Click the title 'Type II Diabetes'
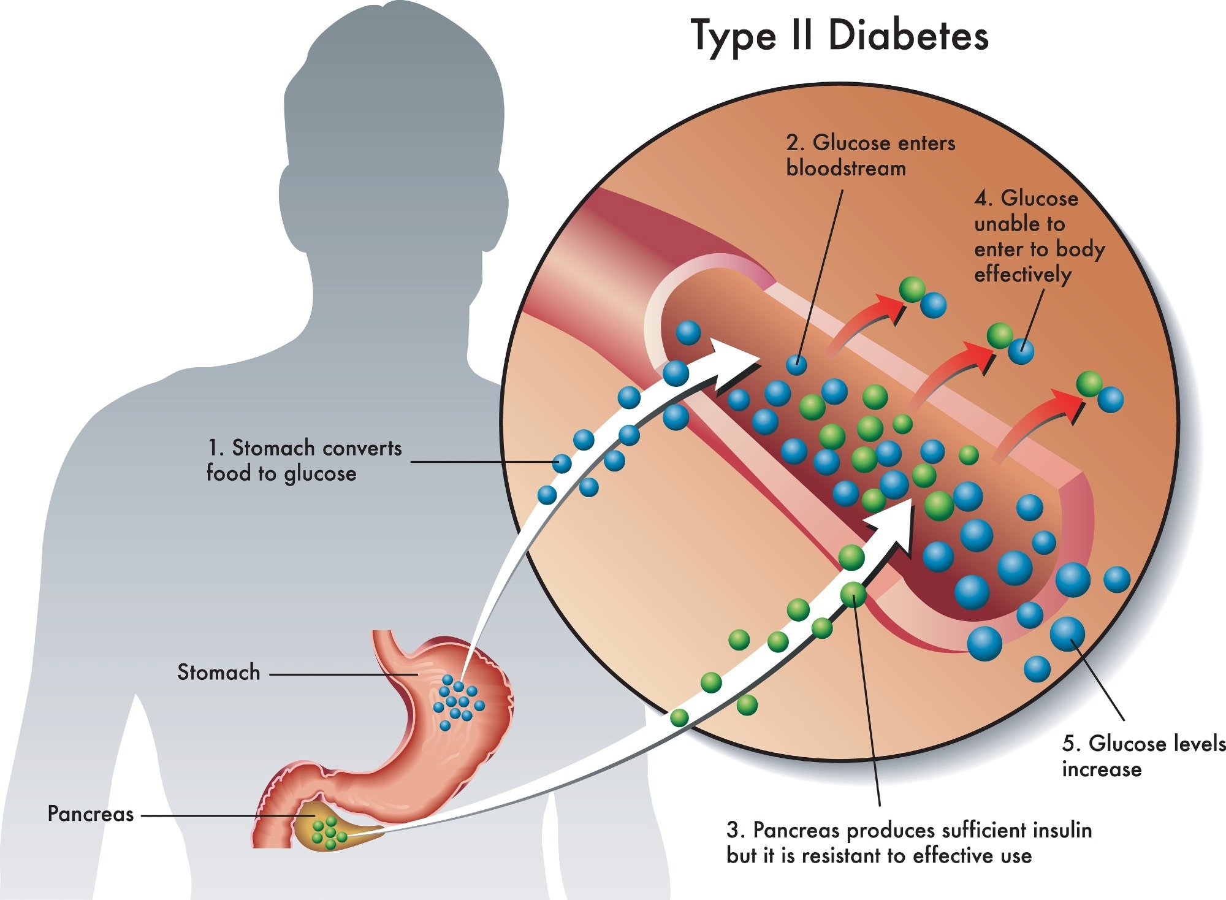pyautogui.click(x=839, y=36)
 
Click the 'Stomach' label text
pyautogui.click(x=218, y=673)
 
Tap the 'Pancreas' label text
pyautogui.click(x=91, y=814)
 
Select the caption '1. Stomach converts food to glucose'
pyautogui.click(x=304, y=460)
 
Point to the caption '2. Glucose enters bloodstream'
pyautogui.click(x=870, y=155)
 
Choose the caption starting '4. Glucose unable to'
pyautogui.click(x=1038, y=236)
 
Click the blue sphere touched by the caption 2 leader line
pyautogui.click(x=796, y=364)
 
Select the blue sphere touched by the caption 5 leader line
pyautogui.click(x=1067, y=634)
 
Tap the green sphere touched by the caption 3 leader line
pyautogui.click(x=853, y=593)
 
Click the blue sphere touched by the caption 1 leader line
pyautogui.click(x=562, y=463)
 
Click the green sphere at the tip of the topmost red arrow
pyautogui.click(x=912, y=289)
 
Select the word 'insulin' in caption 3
pyautogui.click(x=1063, y=830)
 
